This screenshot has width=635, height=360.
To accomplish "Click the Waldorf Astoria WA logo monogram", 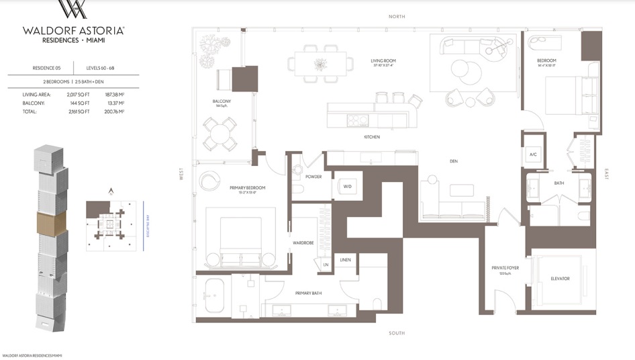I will (72, 10).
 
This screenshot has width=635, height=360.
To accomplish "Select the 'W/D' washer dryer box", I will (348, 186).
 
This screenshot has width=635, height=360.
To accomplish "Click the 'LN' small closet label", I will (326, 265).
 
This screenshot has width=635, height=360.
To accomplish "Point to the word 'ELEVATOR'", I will (560, 278).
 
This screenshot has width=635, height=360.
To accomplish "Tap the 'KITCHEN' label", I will (371, 137).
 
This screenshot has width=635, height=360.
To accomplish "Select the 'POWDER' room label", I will (313, 177).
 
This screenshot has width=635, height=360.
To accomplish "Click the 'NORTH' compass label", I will (396, 16).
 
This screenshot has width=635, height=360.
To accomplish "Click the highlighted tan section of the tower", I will (52, 222).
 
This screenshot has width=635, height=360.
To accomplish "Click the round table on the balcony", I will (219, 133).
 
